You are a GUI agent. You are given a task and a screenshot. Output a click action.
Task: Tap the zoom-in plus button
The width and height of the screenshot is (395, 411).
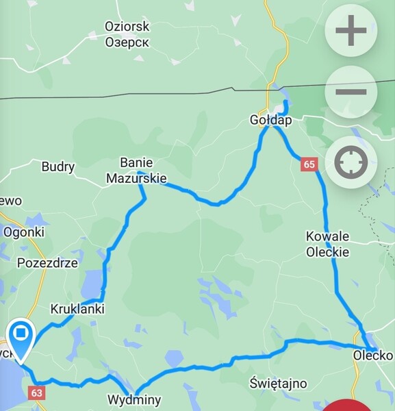tap(351, 32)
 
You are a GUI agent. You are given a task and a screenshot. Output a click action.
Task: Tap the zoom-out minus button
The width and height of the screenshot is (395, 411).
tap(351, 92)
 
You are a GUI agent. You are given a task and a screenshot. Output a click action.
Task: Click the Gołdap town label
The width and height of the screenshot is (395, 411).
tap(270, 121)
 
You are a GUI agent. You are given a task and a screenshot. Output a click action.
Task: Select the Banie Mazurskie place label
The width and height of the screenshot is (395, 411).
tap(136, 171)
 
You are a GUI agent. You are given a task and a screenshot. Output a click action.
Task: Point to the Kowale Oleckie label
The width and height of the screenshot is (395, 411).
tap(327, 244)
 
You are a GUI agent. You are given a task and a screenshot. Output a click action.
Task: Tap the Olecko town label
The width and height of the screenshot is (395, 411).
tap(372, 356)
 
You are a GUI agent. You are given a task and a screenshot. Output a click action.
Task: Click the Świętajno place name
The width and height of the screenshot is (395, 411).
tap(279, 383)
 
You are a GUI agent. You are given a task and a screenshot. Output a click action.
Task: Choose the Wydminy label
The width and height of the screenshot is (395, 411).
tap(133, 399)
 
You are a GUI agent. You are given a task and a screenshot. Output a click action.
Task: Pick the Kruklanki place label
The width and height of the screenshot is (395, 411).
tap(77, 309)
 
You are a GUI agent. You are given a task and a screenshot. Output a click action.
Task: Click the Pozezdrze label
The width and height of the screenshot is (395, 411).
tap(48, 263)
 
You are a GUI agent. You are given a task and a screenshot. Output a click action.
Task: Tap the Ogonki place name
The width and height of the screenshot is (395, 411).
tap(24, 232)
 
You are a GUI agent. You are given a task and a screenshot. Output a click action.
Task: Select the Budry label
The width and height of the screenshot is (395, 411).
tap(58, 166)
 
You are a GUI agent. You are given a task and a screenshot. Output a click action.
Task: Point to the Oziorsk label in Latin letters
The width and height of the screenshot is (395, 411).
tap(127, 27)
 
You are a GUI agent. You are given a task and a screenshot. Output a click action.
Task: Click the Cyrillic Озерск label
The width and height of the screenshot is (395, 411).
tap(127, 42)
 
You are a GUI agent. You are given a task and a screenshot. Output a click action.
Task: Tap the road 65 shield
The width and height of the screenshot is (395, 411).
tap(309, 164)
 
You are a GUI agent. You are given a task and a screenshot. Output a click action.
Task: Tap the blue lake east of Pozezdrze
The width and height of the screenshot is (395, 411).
tap(90, 282)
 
